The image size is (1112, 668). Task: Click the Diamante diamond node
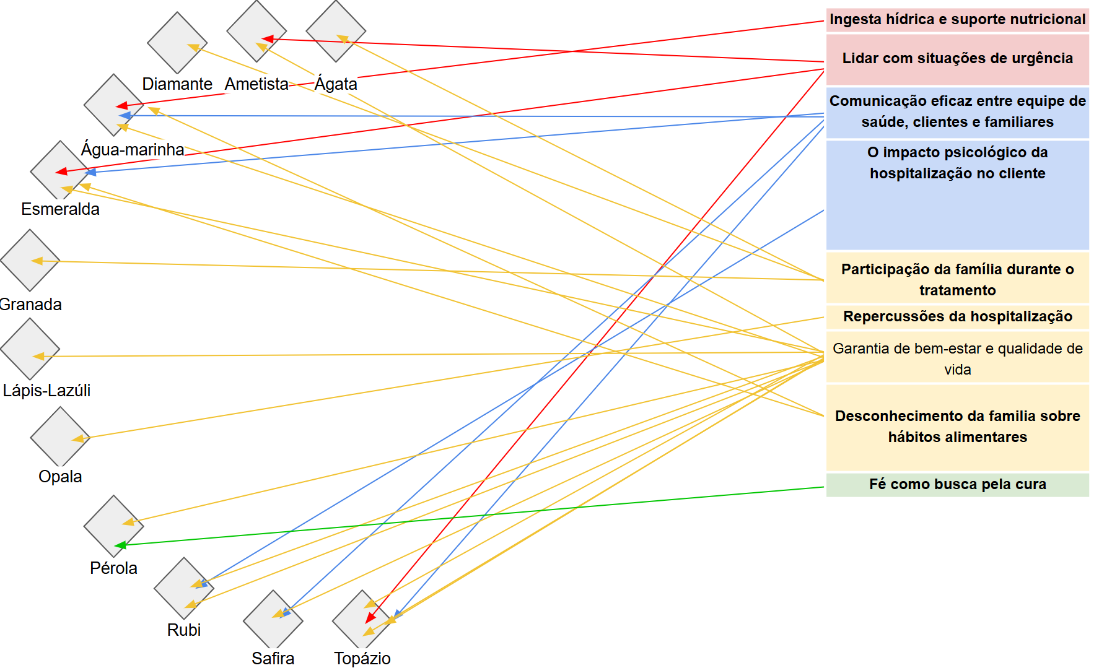(177, 43)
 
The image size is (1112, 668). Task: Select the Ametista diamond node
(256, 32)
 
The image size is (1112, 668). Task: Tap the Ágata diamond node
(336, 32)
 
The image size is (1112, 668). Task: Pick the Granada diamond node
(30, 261)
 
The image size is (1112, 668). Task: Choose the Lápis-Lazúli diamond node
(30, 349)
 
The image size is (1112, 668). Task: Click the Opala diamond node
(60, 437)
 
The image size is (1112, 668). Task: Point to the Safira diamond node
(273, 620)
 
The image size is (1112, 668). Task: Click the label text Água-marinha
(133, 150)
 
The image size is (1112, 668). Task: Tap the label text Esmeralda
(60, 209)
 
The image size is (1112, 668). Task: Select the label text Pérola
(113, 568)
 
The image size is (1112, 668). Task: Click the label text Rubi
(184, 630)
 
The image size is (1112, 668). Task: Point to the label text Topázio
(362, 659)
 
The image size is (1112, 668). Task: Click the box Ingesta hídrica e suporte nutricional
(958, 20)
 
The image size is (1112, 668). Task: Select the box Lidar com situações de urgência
(958, 59)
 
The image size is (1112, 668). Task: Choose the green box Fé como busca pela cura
(958, 485)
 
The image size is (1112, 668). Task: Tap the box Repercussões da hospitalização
(958, 317)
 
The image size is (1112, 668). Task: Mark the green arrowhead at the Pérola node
(121, 545)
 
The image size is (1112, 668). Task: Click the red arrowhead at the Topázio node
(370, 617)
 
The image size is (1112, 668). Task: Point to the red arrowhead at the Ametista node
(268, 39)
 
